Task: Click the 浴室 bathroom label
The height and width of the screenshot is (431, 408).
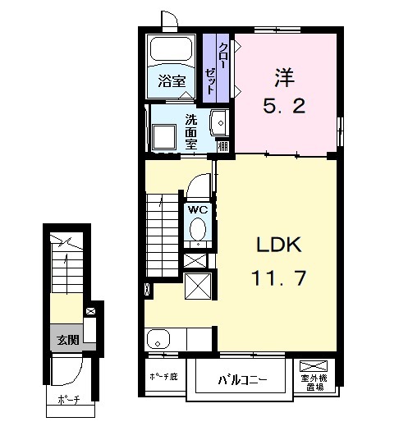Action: coord(172,81)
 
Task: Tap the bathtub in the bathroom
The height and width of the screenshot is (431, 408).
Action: coord(171,49)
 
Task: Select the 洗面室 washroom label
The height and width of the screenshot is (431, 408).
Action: coord(190,131)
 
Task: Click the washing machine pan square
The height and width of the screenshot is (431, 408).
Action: coord(164,136)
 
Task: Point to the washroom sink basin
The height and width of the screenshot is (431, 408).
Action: coord(219,122)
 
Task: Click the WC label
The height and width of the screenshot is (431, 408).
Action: coord(198,210)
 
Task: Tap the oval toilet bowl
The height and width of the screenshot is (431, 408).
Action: coord(198,228)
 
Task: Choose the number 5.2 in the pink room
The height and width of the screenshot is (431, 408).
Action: coord(284,106)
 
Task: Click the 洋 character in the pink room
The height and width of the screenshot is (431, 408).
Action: coord(285,77)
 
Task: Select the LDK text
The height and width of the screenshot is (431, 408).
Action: coord(279,245)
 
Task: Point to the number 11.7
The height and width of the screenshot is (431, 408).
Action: coord(278,277)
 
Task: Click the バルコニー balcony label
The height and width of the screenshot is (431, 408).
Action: coord(242,380)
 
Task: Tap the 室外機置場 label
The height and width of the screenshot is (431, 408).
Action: coord(314,383)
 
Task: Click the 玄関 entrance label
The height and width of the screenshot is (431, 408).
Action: coord(68,340)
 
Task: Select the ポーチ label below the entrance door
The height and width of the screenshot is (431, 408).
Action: coord(69,399)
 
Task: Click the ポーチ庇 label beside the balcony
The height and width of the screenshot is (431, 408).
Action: coord(163,377)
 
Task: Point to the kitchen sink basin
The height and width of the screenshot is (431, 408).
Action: coord(158,340)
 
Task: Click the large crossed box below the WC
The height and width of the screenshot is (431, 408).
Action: coord(198,286)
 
